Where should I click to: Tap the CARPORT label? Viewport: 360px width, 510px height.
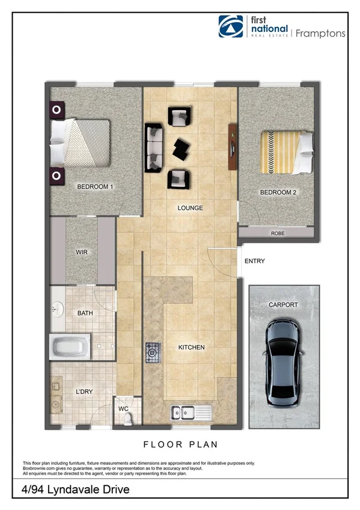click(x=283, y=305)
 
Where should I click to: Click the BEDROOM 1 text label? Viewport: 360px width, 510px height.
click(x=96, y=187)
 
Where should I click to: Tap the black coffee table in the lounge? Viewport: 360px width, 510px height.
click(x=182, y=148)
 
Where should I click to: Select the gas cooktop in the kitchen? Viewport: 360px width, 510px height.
click(x=152, y=352)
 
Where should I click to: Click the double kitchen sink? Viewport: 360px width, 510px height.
click(x=189, y=413)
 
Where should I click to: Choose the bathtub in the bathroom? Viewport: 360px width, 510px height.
click(x=70, y=347)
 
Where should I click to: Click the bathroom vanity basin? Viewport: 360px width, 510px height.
click(x=57, y=309)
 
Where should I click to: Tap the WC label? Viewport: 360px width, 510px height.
click(x=123, y=408)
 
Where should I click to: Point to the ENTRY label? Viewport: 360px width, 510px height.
click(x=255, y=261)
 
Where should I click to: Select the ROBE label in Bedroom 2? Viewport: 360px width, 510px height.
click(x=277, y=233)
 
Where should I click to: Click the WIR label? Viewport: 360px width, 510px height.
click(x=82, y=252)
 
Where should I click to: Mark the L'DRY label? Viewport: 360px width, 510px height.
click(x=84, y=392)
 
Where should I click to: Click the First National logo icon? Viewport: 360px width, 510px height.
click(x=230, y=27)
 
